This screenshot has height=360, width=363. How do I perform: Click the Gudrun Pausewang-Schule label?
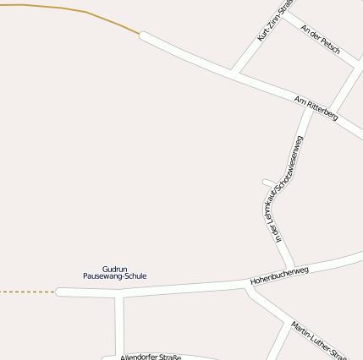115,272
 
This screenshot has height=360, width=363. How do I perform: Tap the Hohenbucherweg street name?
279,274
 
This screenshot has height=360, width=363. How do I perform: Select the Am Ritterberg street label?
316,107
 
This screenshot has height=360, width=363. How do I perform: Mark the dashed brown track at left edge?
25,292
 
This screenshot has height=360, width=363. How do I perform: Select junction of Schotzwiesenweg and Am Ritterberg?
310,106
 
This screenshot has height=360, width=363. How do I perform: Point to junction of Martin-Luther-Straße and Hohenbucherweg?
247,287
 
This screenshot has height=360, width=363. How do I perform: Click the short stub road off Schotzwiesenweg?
267,182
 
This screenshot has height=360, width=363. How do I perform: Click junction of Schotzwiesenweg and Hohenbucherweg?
292,269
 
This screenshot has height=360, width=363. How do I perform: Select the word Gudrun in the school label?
114,268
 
